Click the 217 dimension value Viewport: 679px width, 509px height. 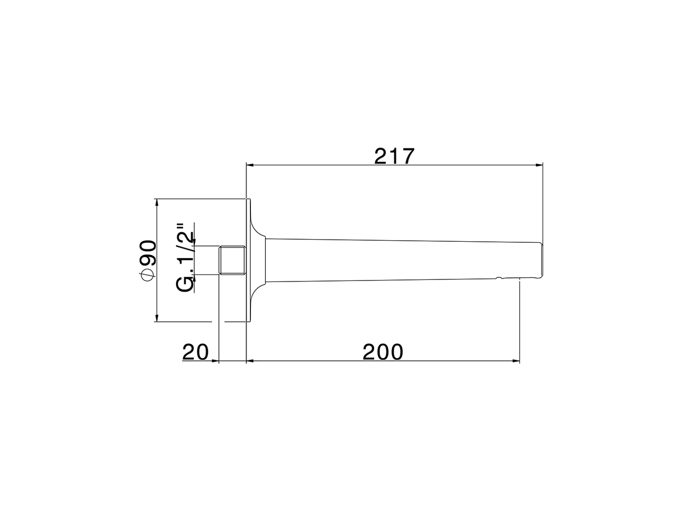pos(394,156)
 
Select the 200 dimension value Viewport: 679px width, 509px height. pos(383,352)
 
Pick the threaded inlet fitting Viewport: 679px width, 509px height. pos(232,260)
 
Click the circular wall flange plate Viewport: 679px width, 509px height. pos(248,260)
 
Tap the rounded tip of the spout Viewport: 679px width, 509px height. pos(541,260)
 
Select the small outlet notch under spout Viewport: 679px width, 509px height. pos(499,277)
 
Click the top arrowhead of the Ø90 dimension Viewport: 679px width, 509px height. pos(157,203)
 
